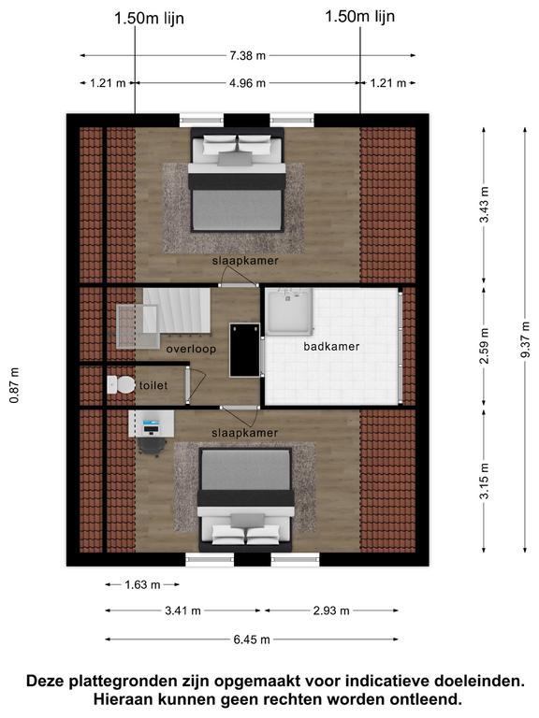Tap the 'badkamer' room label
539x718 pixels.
[x=331, y=347]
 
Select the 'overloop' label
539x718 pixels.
[x=191, y=349]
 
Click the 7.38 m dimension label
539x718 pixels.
[x=247, y=55]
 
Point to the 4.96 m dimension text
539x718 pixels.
[x=247, y=83]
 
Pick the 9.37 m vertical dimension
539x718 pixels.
[x=525, y=339]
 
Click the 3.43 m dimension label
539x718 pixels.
[x=484, y=204]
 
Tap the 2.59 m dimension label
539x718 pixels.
[x=484, y=346]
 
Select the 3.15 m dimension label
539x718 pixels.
[x=484, y=481]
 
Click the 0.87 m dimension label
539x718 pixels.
[x=15, y=385]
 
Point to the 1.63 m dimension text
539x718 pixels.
[x=142, y=584]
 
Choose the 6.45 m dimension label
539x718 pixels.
[x=252, y=639]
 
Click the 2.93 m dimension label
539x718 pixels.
[x=331, y=610]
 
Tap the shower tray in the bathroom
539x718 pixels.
[x=290, y=311]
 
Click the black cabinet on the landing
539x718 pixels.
[x=244, y=350]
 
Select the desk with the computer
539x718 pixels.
[x=152, y=424]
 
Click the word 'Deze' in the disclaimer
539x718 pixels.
[x=45, y=681]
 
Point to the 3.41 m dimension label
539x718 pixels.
[x=182, y=610]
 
